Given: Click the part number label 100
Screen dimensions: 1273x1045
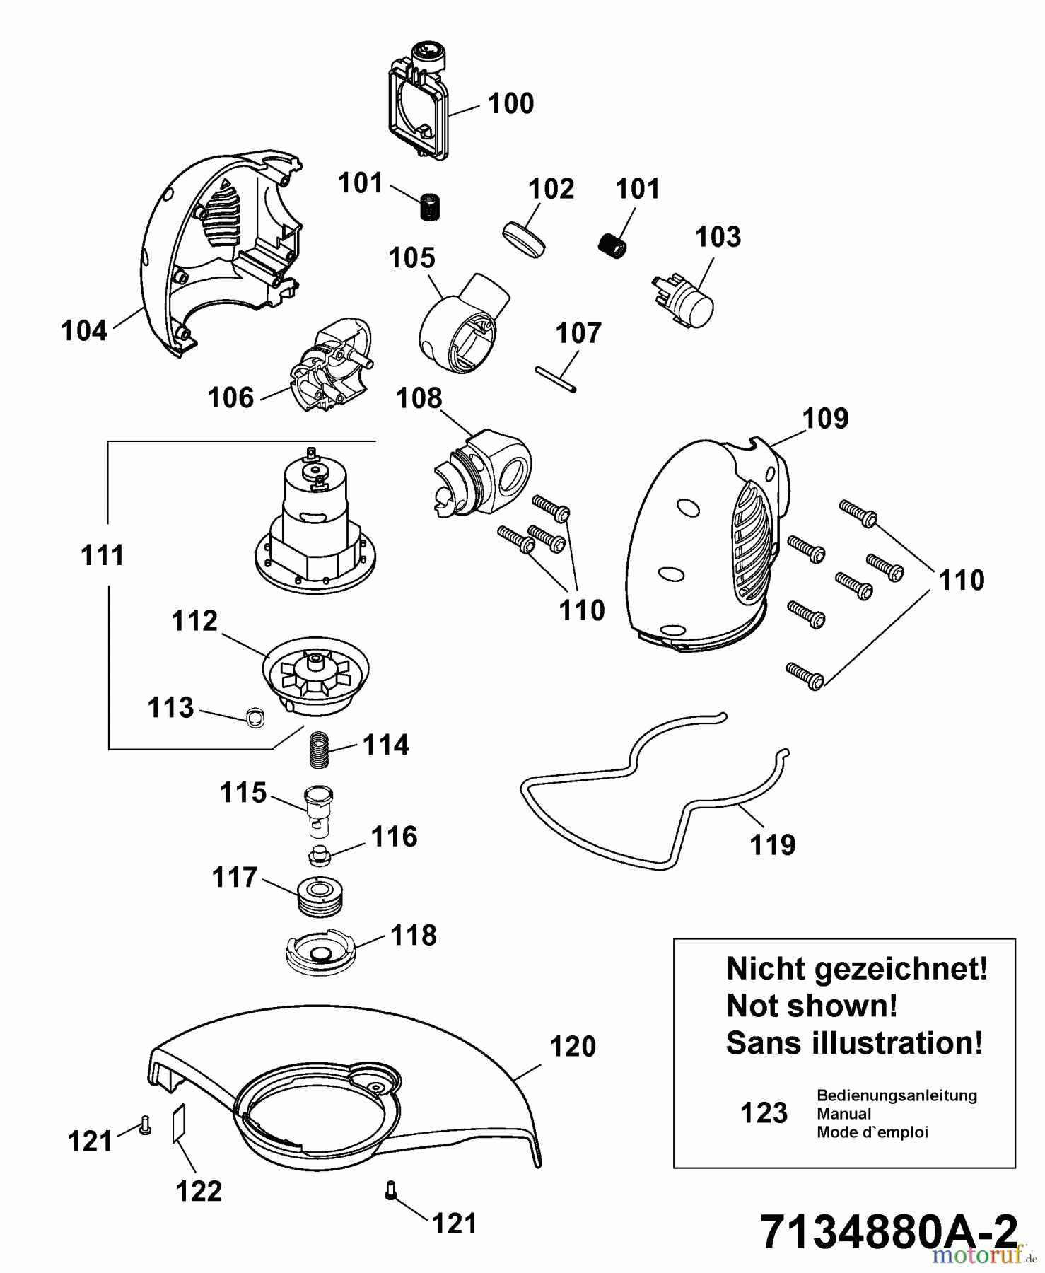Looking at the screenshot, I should coord(510,104).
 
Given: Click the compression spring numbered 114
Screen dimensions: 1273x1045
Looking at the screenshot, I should coord(320,750).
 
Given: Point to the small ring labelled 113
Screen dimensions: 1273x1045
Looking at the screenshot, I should coord(254,717).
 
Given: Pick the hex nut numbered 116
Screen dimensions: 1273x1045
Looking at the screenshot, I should coord(321,856).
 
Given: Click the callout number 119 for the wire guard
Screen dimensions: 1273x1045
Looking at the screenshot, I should coord(772,844).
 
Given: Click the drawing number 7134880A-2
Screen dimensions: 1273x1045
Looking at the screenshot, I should coord(889,1231).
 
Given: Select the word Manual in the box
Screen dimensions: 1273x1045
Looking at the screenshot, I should coord(844,1114).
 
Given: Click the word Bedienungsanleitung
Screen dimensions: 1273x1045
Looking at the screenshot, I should coord(897,1095).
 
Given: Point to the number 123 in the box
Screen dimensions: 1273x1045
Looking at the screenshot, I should coord(764,1113).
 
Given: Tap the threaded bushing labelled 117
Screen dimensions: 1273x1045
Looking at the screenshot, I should coord(320,896).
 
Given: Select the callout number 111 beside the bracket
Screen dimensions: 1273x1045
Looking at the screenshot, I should coord(103,556).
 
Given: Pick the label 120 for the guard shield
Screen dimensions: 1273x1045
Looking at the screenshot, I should coord(573,1047).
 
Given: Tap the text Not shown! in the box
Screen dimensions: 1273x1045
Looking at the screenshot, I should coord(812,1006).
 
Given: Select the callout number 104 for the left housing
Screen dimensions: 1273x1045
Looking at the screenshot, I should coord(84,331).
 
